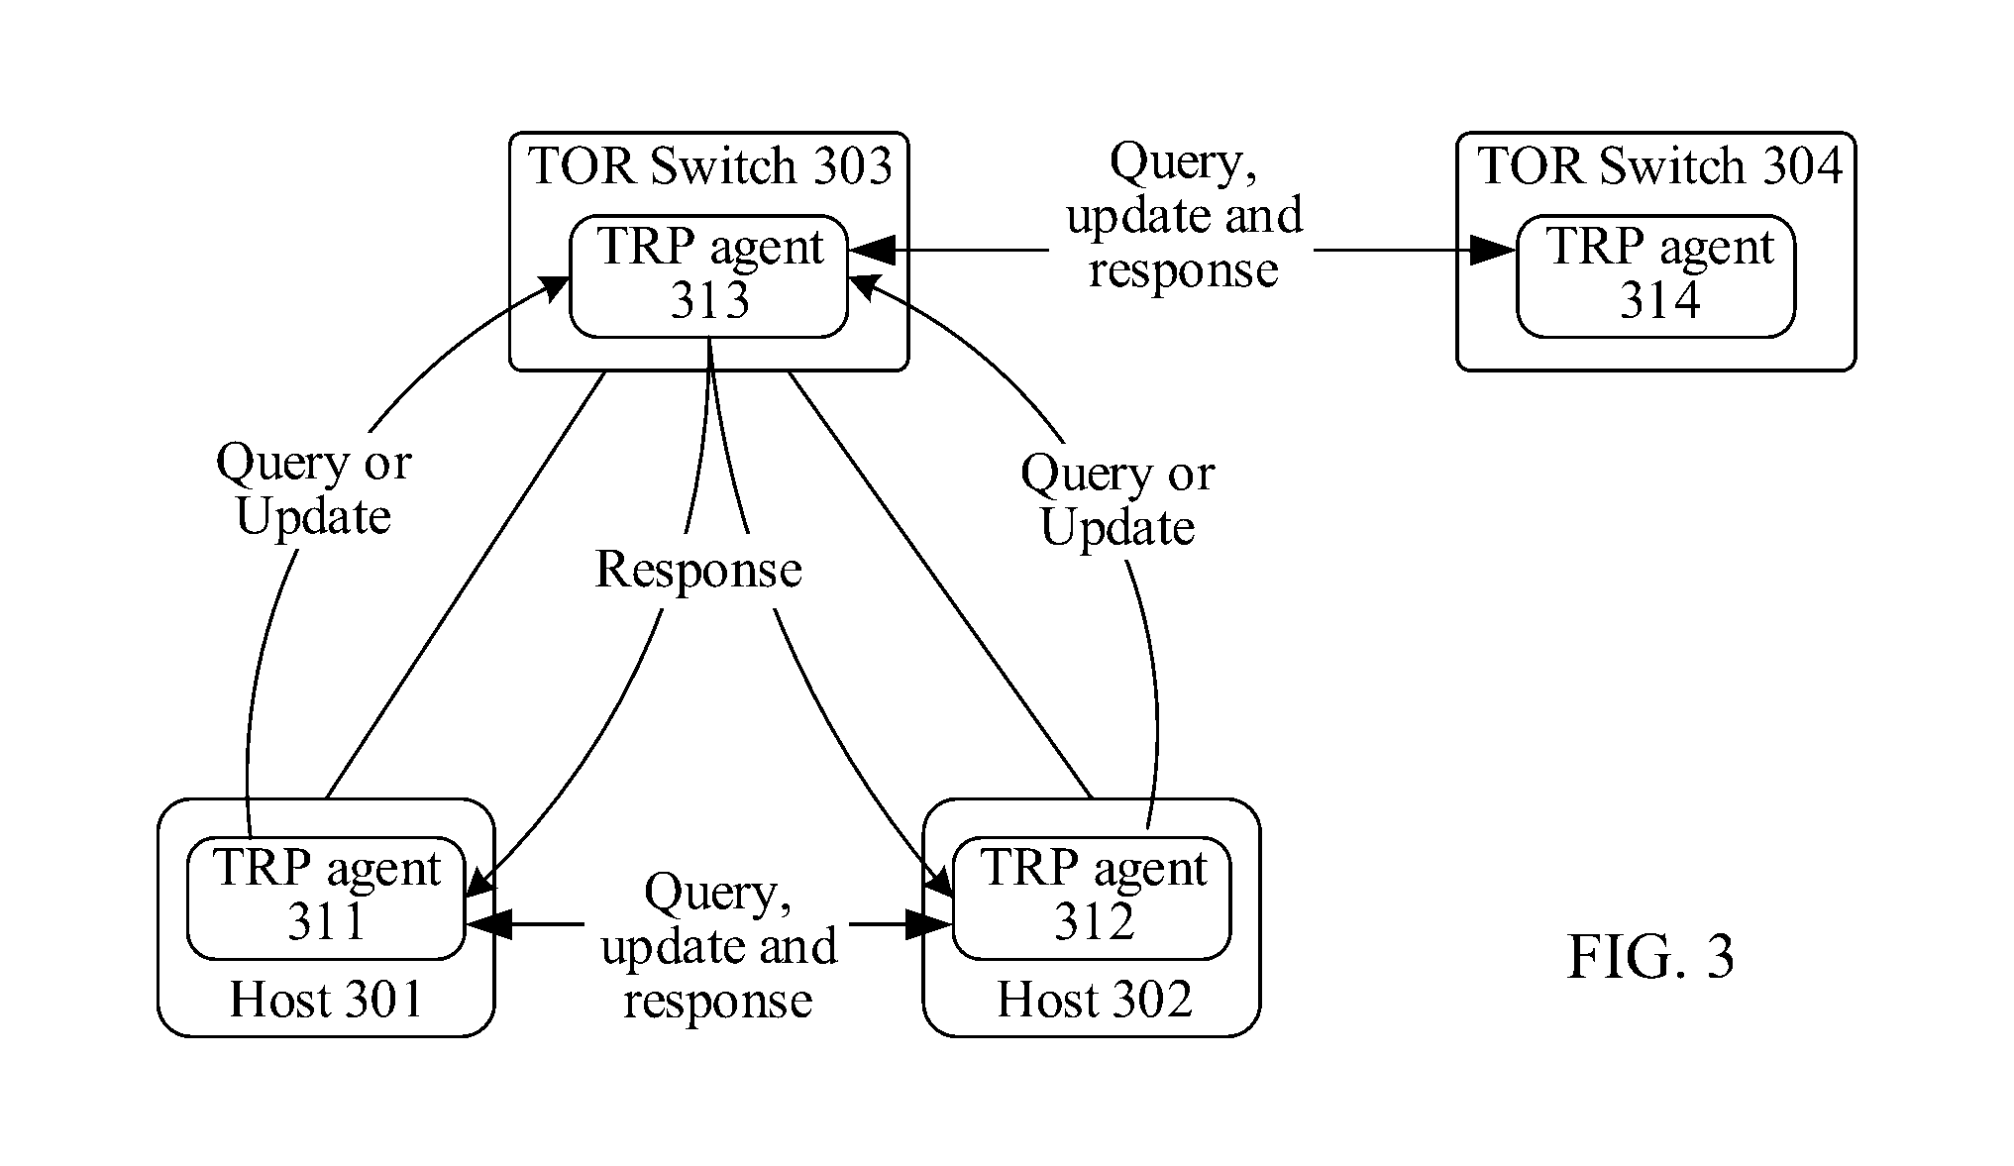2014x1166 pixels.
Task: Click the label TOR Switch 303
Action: click(x=710, y=165)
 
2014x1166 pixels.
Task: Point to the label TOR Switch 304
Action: click(x=1659, y=165)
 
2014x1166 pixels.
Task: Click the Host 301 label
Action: click(x=326, y=999)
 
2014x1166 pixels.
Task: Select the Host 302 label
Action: click(x=1094, y=999)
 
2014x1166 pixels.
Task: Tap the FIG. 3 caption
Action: click(x=1650, y=957)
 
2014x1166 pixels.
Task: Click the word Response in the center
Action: click(x=698, y=569)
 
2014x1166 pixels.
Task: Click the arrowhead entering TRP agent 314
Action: click(x=1492, y=250)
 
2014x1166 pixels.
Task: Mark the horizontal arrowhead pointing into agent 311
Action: click(x=488, y=924)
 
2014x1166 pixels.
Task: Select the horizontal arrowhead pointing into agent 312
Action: click(x=929, y=924)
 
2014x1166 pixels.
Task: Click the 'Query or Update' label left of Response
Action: click(x=313, y=489)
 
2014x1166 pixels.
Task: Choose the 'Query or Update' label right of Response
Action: click(x=1117, y=500)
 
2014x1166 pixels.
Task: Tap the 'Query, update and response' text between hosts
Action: click(x=718, y=946)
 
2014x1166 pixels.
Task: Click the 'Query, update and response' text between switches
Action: click(x=1183, y=216)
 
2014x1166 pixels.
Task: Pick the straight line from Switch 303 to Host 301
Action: click(x=466, y=584)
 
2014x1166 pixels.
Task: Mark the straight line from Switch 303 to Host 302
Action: click(x=940, y=584)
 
